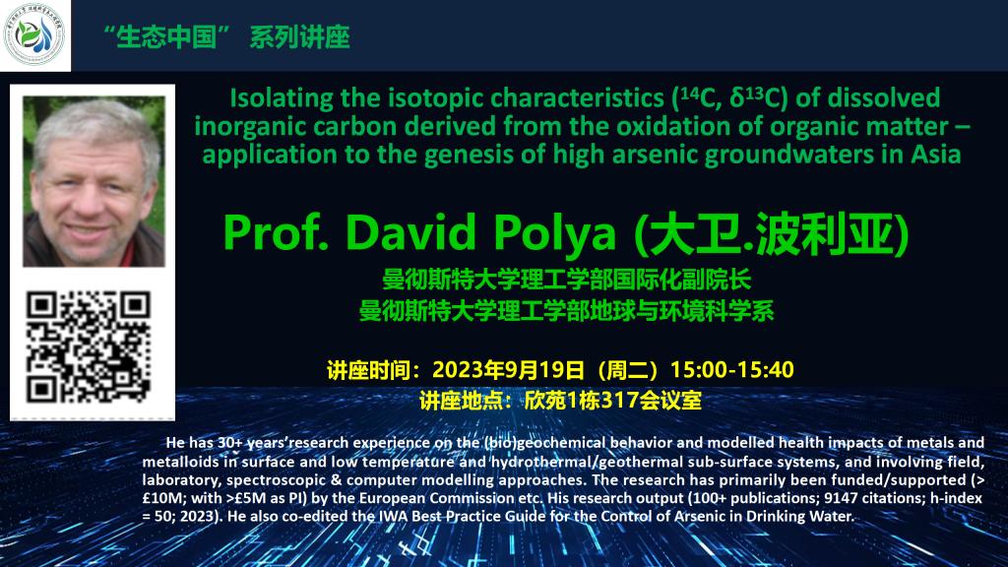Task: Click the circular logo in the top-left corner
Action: [x=34, y=34]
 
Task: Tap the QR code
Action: [x=89, y=347]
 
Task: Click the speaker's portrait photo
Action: [x=94, y=181]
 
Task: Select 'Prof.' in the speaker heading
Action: [x=276, y=231]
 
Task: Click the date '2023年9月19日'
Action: [x=509, y=370]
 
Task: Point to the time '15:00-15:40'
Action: [x=732, y=370]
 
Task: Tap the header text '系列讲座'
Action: [x=299, y=36]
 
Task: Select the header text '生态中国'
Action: [x=166, y=36]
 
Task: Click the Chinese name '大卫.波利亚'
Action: [x=772, y=233]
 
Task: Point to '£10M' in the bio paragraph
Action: [x=158, y=498]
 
